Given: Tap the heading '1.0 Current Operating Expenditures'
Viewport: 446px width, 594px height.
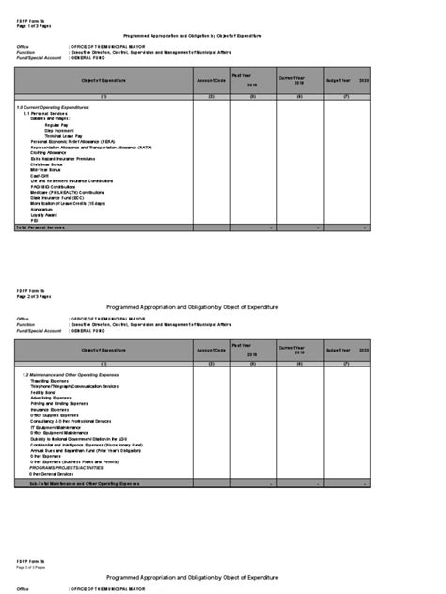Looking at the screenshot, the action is click(x=56, y=110).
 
